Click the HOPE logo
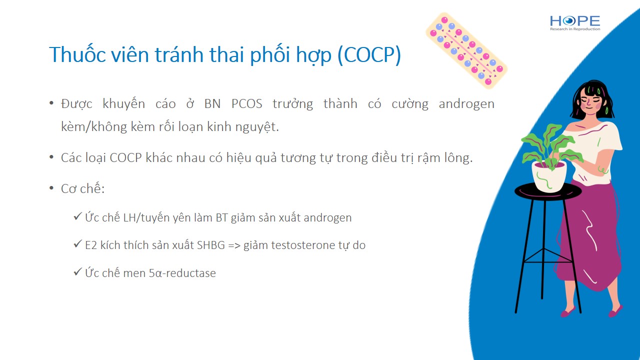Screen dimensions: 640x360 point(575,23)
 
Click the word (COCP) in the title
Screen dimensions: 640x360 point(369,55)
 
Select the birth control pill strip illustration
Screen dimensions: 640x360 point(466,50)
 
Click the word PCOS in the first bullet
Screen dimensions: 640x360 point(247,103)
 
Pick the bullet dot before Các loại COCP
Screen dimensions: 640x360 point(51,157)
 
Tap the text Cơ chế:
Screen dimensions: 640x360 point(83,188)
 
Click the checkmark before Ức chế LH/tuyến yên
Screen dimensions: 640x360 point(77,216)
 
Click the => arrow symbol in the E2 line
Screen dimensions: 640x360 point(234,245)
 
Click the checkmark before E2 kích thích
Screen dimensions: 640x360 point(77,243)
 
